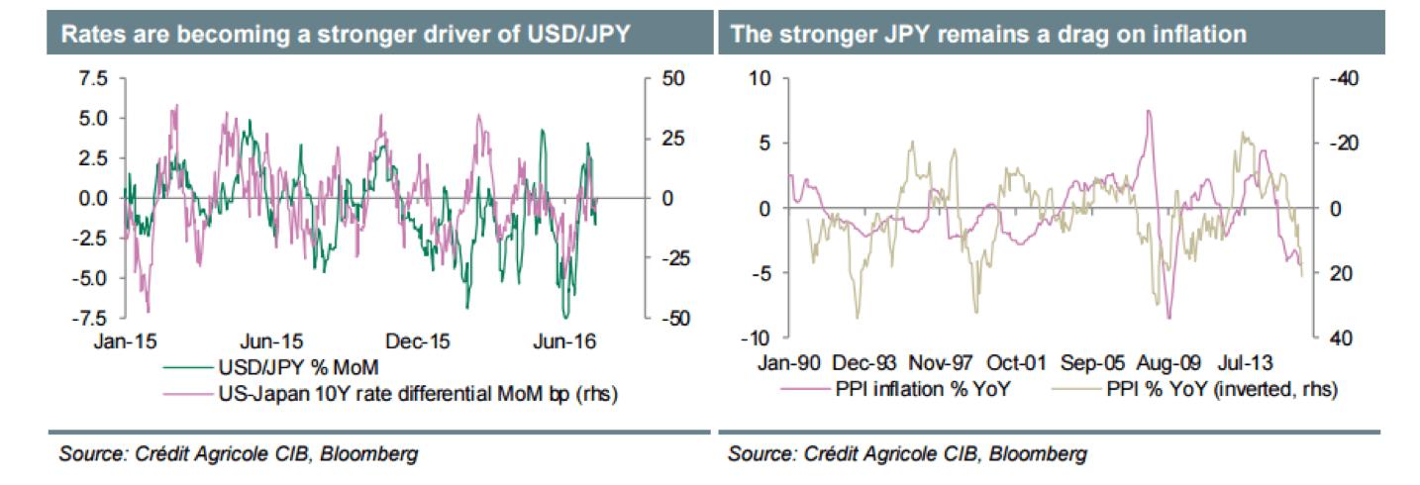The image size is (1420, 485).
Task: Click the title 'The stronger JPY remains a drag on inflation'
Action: pyautogui.click(x=987, y=35)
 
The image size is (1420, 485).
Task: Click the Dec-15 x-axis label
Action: pyautogui.click(x=419, y=341)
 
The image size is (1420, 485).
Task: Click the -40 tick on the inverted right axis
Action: pyautogui.click(x=1330, y=79)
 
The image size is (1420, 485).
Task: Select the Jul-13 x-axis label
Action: pyautogui.click(x=1246, y=361)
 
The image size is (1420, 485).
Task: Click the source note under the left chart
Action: pyautogui.click(x=239, y=454)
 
